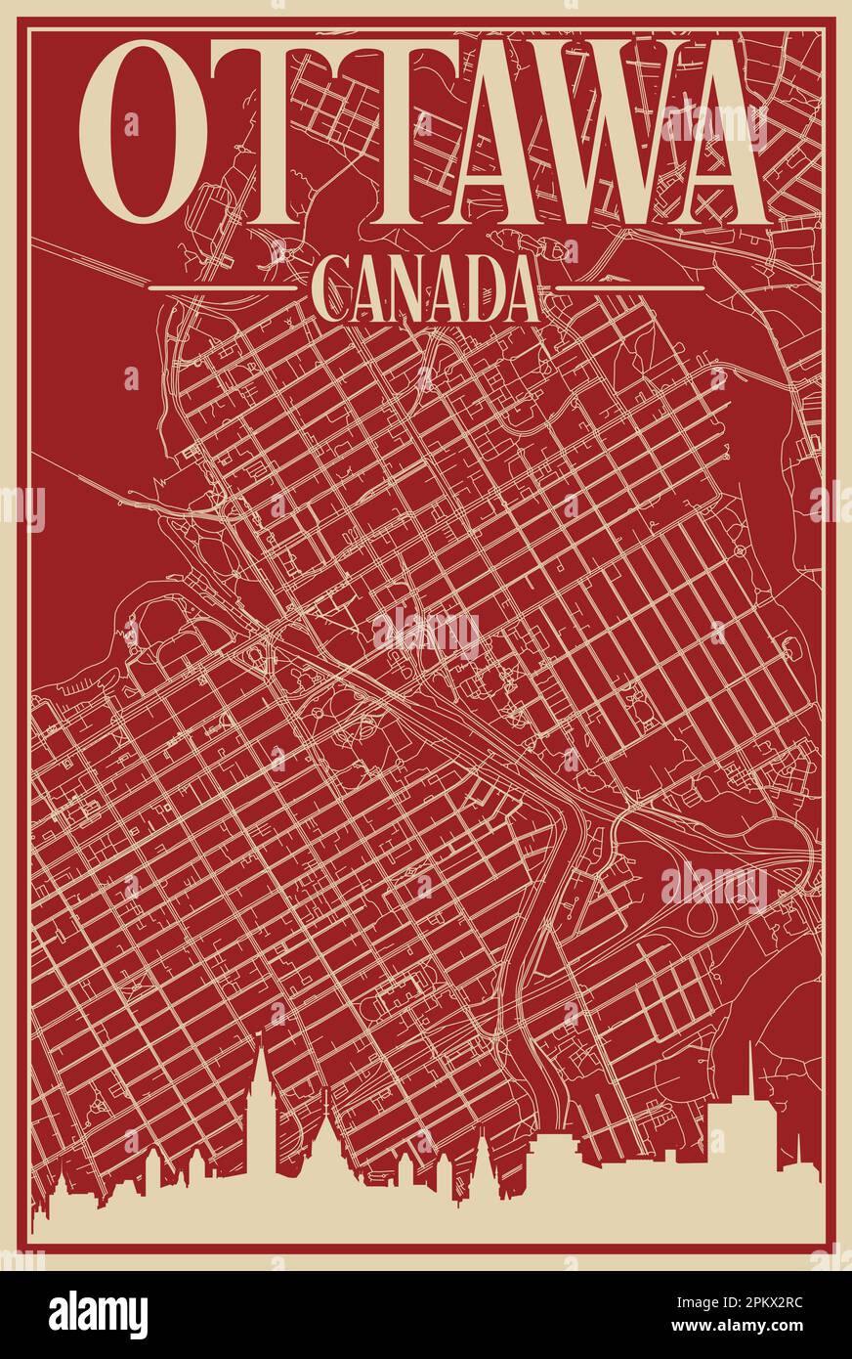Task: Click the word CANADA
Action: [x=426, y=289]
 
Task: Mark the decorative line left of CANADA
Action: [x=221, y=288]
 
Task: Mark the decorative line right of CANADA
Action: [x=630, y=288]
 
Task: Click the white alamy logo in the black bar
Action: [x=99, y=1314]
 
